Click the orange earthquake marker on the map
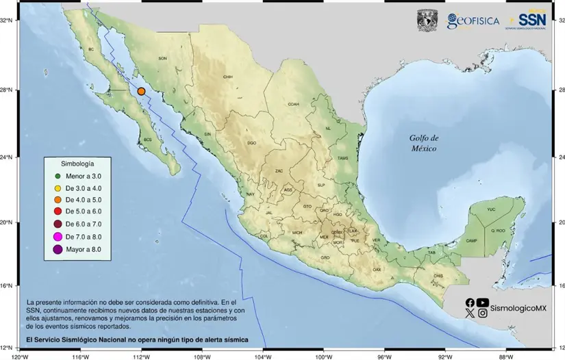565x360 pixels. (x=141, y=91)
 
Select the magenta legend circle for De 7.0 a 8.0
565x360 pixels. (x=58, y=236)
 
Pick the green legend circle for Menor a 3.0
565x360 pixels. (x=58, y=177)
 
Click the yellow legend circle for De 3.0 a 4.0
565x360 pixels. (x=58, y=188)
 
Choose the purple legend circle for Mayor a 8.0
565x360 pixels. (x=58, y=249)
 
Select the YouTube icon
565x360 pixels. (x=483, y=303)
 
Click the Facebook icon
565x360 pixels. (x=470, y=303)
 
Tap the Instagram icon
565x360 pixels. (x=483, y=313)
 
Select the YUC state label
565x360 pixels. (x=490, y=209)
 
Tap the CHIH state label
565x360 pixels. (x=228, y=77)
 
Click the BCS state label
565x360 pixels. (x=147, y=140)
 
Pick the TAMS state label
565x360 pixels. (x=343, y=158)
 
